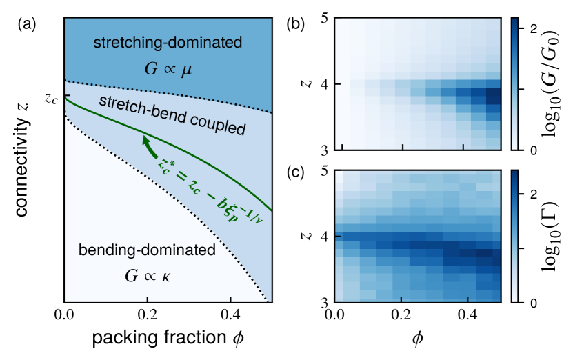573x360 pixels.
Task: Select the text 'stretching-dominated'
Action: click(168, 43)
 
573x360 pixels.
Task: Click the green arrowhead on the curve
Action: click(145, 140)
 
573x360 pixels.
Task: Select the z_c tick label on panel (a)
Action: click(50, 98)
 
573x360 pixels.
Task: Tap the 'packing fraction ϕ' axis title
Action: click(168, 341)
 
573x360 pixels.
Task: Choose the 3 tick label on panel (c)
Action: click(321, 302)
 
